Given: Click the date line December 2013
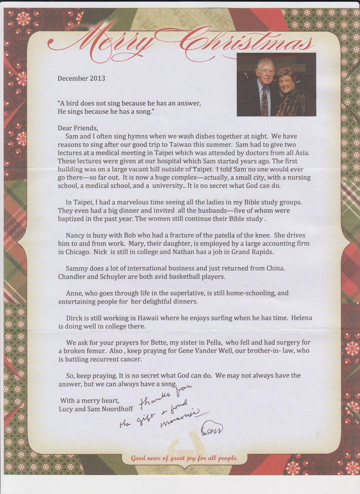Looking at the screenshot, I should (81, 78).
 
